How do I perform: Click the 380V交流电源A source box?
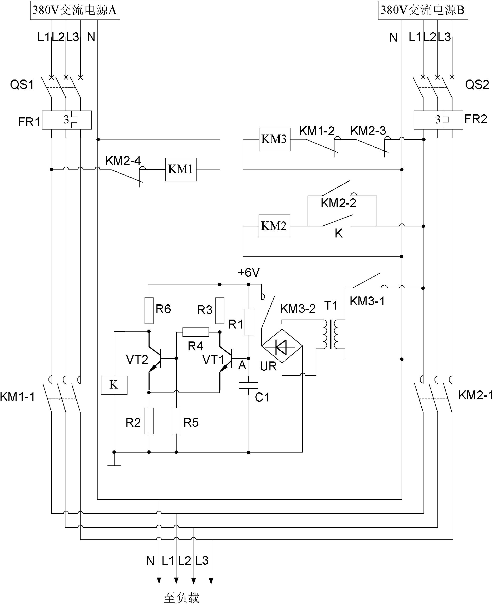point(75,11)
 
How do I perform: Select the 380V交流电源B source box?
point(423,11)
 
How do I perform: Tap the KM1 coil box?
point(181,170)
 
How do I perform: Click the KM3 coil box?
point(274,139)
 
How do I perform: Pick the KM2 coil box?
point(274,226)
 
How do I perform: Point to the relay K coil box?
point(114,385)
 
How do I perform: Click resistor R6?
point(149,311)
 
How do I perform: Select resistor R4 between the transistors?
point(196,332)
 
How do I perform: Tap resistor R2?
point(149,421)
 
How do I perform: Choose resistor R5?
point(176,421)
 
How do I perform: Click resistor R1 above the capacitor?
point(249,322)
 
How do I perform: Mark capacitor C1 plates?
point(249,385)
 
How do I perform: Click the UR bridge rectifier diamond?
point(282,346)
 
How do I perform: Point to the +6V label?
point(249,272)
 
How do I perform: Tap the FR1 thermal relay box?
point(67,120)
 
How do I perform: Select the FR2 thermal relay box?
point(438,120)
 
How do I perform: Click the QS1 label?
point(22,85)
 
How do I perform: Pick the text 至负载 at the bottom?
point(182,598)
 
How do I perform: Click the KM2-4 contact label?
point(123,161)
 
